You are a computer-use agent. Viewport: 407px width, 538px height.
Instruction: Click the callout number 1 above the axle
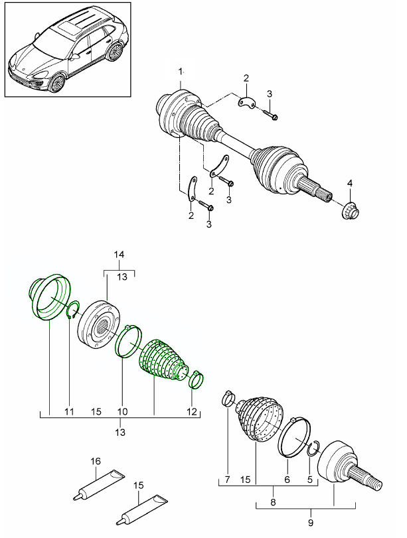pos(179,71)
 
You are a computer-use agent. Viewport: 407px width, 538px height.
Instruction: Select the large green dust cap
pos(49,298)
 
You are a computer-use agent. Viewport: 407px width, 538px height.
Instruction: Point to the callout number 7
pos(226,479)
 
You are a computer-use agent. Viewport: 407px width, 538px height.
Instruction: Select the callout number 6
pos(287,479)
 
